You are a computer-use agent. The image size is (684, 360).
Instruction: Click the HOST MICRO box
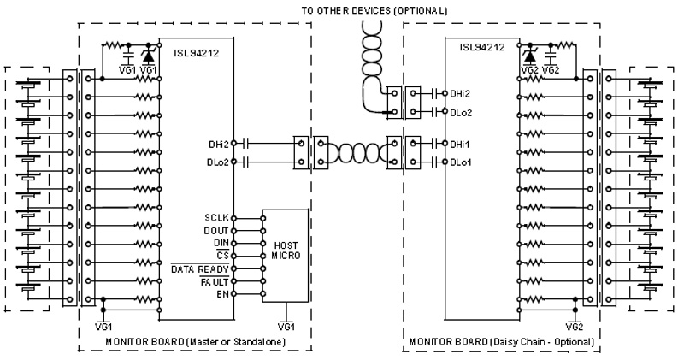tap(285, 256)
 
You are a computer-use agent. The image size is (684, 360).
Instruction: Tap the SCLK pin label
tap(216, 218)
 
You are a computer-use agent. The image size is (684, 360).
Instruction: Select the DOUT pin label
tap(216, 231)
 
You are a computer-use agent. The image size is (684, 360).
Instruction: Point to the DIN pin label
tap(221, 243)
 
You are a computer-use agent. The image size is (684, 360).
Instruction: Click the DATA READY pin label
tap(201, 269)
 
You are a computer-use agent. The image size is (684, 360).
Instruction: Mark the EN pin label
tap(223, 294)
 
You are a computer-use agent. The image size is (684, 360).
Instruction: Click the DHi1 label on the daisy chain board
tap(459, 145)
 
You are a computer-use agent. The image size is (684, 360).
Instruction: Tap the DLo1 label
tap(459, 162)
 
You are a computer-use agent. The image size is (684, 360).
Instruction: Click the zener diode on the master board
tap(149, 56)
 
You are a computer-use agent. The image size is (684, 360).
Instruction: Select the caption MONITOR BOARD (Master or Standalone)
tap(194, 342)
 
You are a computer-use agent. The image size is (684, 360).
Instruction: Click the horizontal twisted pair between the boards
tap(354, 153)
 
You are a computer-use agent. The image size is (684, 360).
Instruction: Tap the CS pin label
tap(223, 256)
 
